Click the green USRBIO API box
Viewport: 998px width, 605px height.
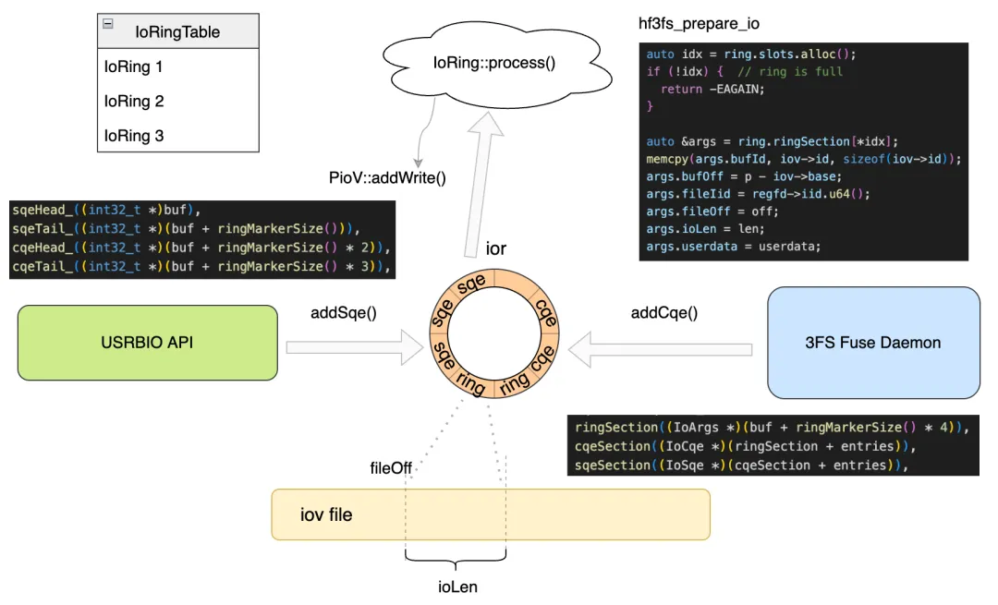click(x=147, y=343)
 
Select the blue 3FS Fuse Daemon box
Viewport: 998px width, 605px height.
click(x=872, y=343)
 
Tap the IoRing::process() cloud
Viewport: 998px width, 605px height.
click(x=494, y=63)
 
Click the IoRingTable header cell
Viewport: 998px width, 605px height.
click(x=177, y=31)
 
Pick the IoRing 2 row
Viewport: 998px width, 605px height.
click(x=134, y=101)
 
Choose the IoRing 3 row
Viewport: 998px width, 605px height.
click(x=134, y=135)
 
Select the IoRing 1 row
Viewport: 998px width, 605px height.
click(x=134, y=67)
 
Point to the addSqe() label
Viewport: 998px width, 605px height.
click(x=343, y=313)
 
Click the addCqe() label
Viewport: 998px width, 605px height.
click(x=663, y=313)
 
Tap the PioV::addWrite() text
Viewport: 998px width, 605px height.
click(x=387, y=177)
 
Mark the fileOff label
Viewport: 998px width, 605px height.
click(x=390, y=468)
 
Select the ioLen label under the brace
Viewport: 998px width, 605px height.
click(x=457, y=587)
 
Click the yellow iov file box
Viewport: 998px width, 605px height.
click(x=490, y=514)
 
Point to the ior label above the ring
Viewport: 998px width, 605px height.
click(x=496, y=248)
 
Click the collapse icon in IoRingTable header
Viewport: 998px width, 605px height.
click(x=108, y=24)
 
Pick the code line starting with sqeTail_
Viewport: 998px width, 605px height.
click(x=185, y=229)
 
